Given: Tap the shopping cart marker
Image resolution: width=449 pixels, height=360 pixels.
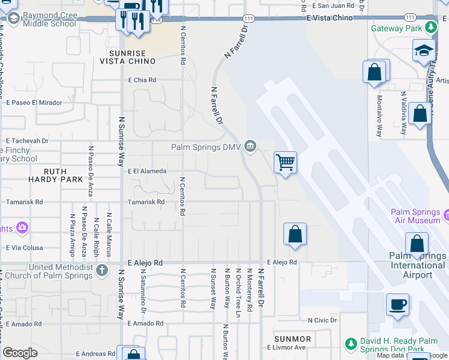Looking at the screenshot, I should tap(286, 161).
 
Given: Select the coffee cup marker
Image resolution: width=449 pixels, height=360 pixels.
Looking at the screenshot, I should tap(397, 304).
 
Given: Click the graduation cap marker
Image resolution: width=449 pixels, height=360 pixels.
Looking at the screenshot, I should tap(424, 50).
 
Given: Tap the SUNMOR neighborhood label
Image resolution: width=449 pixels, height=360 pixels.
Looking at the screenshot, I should tap(292, 339).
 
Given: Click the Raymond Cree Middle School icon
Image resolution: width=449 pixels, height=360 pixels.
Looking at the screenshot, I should tap(13, 19).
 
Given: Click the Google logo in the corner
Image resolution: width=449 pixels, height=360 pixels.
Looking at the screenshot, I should tap(20, 353).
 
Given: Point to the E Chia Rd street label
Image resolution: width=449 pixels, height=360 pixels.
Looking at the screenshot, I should tap(142, 80).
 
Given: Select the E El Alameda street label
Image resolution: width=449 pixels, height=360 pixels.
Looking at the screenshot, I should tap(146, 171).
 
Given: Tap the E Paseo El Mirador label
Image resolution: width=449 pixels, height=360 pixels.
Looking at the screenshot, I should tap(34, 103).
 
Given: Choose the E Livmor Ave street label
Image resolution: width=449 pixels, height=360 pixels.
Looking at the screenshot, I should tap(285, 347).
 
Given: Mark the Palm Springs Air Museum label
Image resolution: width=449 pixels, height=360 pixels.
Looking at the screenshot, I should tap(416, 216).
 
